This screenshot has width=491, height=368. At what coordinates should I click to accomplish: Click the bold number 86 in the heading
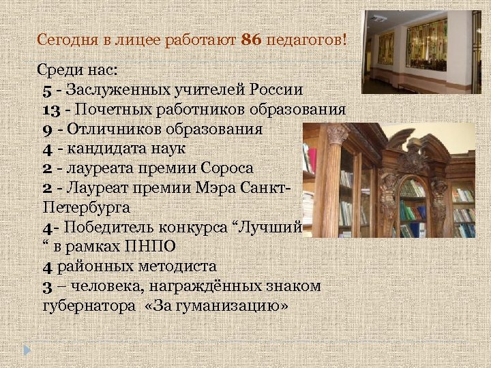[252, 40]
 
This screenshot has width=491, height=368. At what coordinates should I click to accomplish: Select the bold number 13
[53, 109]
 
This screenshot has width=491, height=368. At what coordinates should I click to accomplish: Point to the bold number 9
[46, 128]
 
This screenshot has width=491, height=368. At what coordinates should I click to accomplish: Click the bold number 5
[46, 89]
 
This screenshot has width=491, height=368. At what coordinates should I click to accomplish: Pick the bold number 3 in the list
[46, 286]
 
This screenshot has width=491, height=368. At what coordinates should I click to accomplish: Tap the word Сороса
[228, 168]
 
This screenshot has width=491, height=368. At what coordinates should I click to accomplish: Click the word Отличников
[106, 128]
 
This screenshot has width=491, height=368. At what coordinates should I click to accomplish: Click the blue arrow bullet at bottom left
[27, 350]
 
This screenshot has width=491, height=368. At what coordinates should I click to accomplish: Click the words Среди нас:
[76, 70]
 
